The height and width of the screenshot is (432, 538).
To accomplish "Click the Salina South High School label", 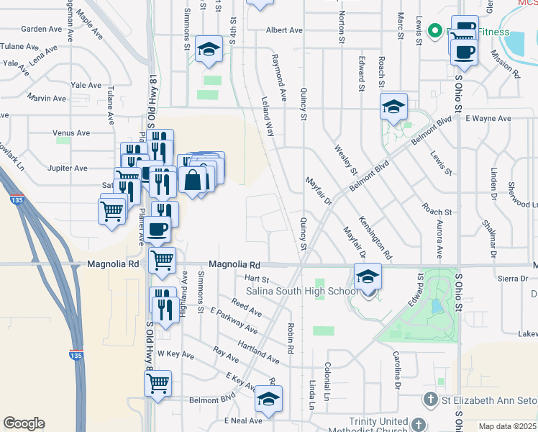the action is tap(302, 291).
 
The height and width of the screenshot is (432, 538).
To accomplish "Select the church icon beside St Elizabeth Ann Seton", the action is tap(430, 399).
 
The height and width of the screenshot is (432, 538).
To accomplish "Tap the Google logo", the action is tap(24, 423).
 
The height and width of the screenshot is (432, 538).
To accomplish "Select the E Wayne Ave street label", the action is tap(488, 117).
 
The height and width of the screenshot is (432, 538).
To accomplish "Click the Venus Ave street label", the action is tap(71, 133).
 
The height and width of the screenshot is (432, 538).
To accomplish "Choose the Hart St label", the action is tap(256, 279).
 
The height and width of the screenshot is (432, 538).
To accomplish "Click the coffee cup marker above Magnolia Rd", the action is tap(158, 230).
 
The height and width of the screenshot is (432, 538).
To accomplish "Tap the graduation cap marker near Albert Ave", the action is tap(209, 50).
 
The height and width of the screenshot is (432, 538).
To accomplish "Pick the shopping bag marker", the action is tap(193, 180).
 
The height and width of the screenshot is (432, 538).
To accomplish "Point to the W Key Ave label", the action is tap(171, 354).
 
